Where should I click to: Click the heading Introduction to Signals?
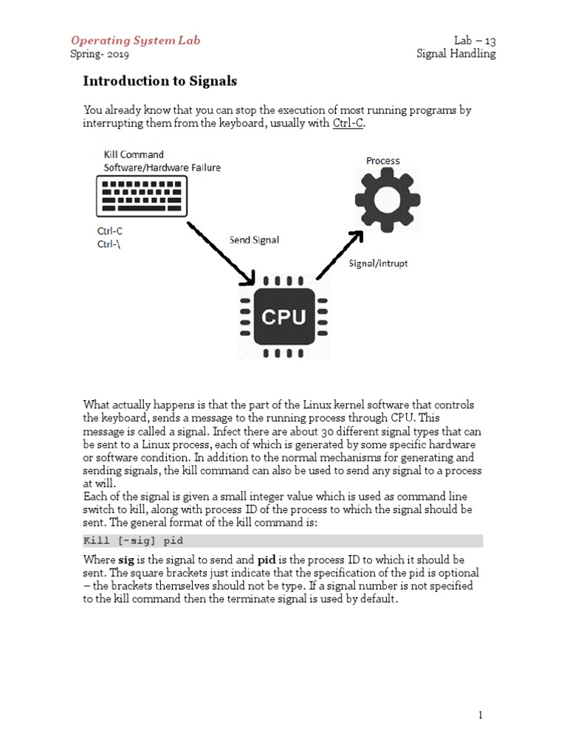coord(159,81)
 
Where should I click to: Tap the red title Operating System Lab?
coord(135,41)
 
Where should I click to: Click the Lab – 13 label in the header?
coord(475,41)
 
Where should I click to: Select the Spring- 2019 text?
coord(100,54)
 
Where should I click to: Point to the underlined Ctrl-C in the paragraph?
coord(348,123)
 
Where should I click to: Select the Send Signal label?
coord(254,240)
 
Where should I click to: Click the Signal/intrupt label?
coord(378,263)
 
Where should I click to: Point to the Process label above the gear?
coord(383,161)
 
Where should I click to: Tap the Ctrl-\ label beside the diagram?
coord(109,244)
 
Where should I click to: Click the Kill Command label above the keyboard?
coord(134,155)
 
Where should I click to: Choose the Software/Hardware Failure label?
coord(162,168)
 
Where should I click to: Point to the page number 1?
coord(480,715)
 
